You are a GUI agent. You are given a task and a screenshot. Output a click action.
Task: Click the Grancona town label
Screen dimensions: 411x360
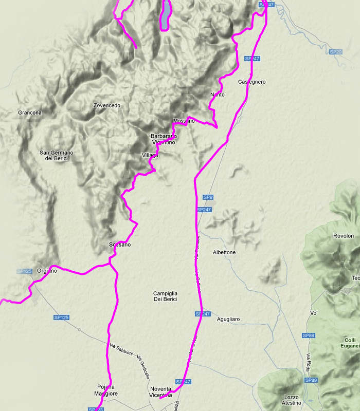pos(29,113)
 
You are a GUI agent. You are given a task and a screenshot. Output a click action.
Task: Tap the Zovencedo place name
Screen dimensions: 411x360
pos(107,105)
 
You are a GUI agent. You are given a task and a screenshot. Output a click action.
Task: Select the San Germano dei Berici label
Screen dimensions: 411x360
pos(57,156)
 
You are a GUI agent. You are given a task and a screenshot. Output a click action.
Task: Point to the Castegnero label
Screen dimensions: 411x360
pos(252,82)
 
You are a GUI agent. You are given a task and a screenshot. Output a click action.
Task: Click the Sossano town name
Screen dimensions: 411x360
pos(120,245)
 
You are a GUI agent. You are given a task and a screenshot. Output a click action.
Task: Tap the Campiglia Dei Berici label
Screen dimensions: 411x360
pos(165,296)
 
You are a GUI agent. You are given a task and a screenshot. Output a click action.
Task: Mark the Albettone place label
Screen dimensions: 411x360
pos(224,253)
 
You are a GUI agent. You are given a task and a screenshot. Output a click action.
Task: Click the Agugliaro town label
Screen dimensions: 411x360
pos(228,319)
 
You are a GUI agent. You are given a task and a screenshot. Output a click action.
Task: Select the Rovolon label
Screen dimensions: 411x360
pos(344,236)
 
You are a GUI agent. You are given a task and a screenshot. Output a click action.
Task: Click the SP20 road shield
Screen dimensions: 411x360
pos(335,52)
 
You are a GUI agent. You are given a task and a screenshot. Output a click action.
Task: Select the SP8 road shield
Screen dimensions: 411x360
pos(208,197)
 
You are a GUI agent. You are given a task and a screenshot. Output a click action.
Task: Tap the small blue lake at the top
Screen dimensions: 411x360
pos(166,15)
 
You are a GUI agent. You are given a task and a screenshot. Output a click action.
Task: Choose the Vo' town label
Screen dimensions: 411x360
pos(314,313)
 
